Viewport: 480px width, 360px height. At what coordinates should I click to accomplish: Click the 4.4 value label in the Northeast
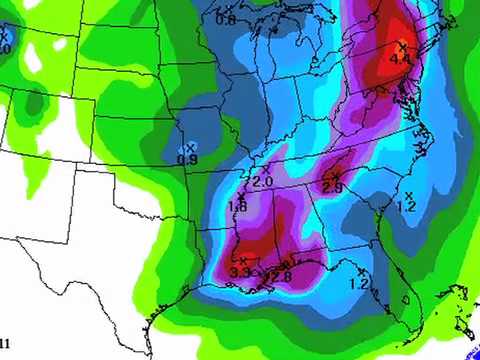tap(401, 59)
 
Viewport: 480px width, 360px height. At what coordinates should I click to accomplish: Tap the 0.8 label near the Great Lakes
tap(226, 20)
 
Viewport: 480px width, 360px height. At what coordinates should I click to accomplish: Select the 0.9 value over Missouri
tap(187, 159)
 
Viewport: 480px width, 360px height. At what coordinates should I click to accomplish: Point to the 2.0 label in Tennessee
tap(263, 182)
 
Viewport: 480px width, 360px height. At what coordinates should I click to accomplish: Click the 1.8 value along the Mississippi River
tap(238, 206)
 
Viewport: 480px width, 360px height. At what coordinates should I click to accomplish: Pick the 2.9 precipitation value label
tap(333, 187)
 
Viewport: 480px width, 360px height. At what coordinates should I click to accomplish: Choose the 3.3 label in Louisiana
tap(240, 272)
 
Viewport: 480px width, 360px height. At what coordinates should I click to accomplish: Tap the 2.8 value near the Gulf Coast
tap(281, 276)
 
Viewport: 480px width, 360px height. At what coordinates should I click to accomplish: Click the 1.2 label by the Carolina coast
tap(406, 206)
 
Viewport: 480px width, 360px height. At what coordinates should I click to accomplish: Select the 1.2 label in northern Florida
tap(359, 284)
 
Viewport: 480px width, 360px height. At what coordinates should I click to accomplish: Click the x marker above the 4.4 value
tap(402, 45)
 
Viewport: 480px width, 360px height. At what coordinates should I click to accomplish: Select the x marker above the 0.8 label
tap(226, 8)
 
